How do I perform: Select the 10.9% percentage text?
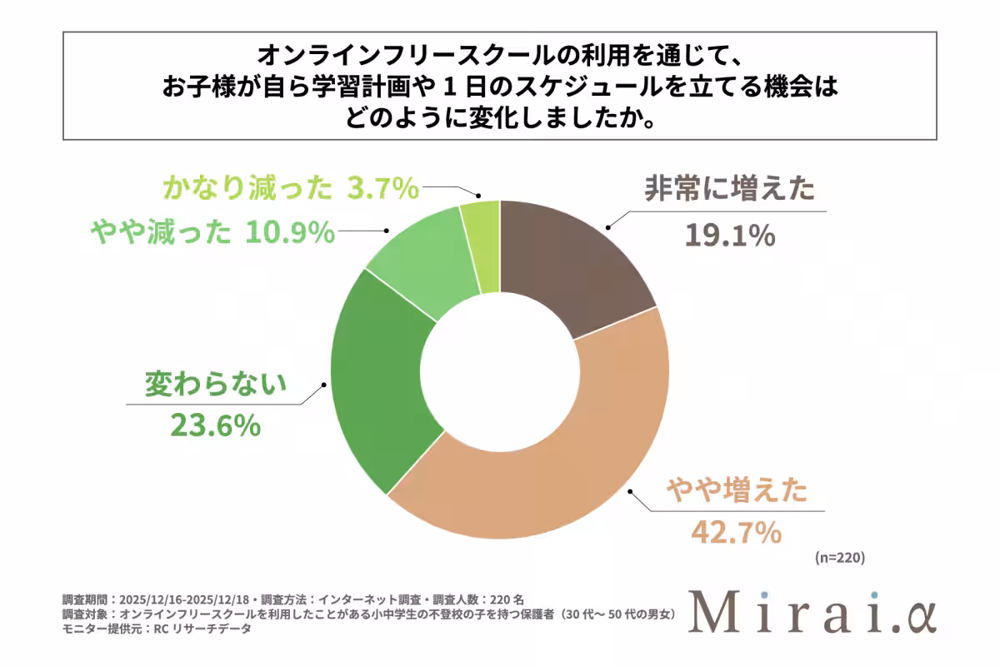click(x=290, y=234)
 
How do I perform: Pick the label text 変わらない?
click(x=216, y=384)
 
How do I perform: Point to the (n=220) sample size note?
click(x=839, y=559)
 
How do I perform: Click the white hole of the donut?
click(x=499, y=370)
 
